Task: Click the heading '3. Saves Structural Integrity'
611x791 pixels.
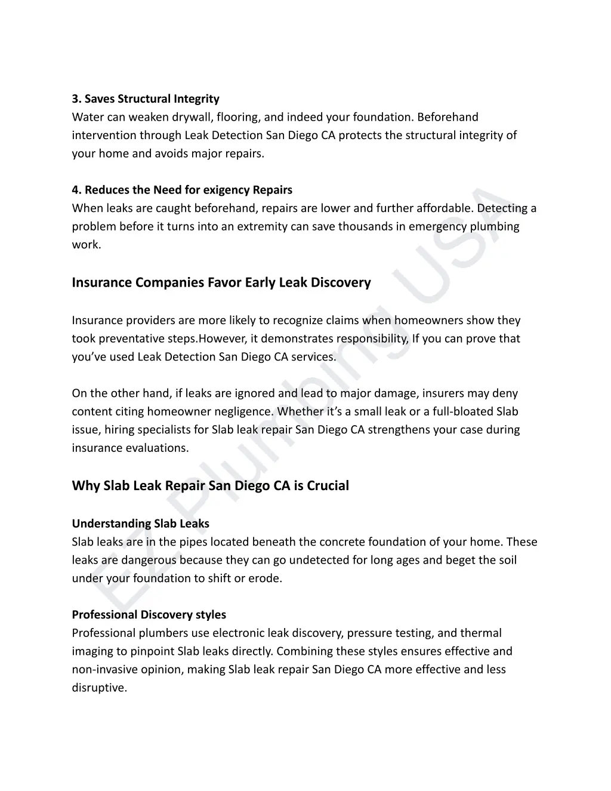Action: pos(146,99)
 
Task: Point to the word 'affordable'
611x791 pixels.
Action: pos(444,208)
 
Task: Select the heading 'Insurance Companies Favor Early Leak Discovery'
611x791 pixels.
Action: pos(221,282)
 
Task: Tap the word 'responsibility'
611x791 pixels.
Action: pos(372,338)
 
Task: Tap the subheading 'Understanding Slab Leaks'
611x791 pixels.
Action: pos(141,524)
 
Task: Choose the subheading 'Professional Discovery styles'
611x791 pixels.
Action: pos(149,614)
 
